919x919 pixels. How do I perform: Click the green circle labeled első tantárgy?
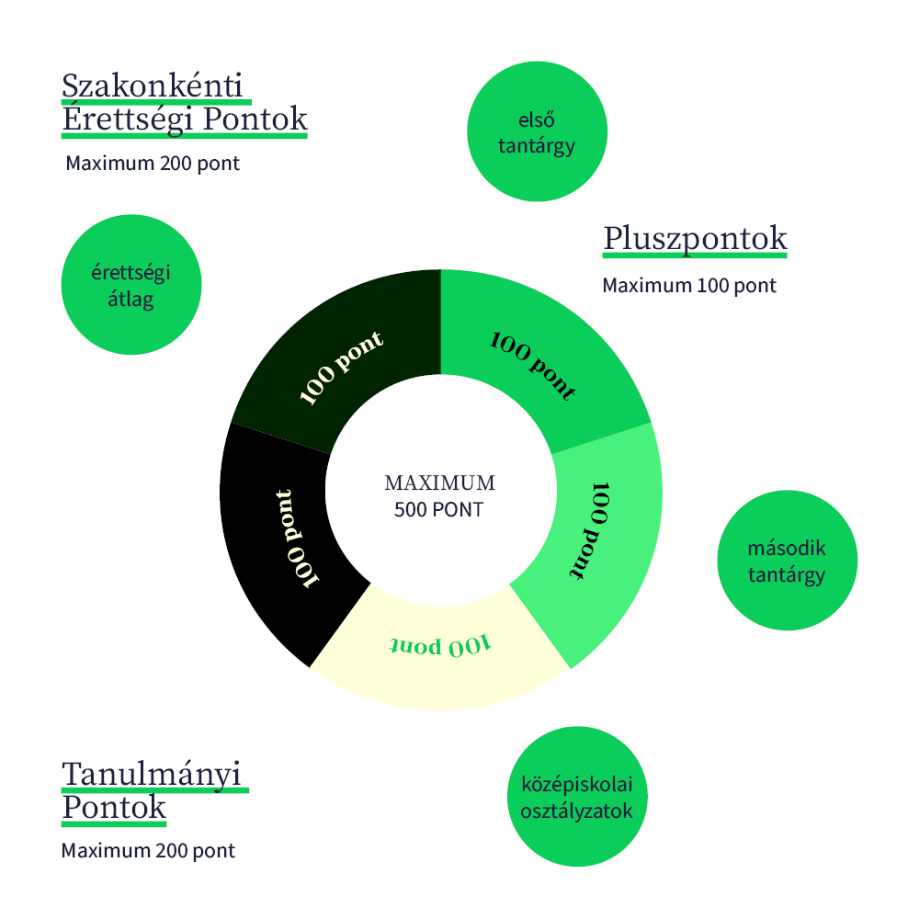[x=537, y=131]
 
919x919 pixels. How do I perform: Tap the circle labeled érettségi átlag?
[x=130, y=285]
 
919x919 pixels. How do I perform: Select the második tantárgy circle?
[x=787, y=561]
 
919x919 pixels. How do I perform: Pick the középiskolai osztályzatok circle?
[x=577, y=797]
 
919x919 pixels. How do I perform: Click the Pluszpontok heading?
[x=695, y=238]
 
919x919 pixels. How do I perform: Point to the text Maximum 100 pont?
[x=689, y=286]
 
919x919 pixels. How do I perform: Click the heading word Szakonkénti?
[x=153, y=85]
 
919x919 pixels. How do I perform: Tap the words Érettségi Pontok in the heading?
[x=184, y=119]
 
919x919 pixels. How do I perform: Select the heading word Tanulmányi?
[x=154, y=774]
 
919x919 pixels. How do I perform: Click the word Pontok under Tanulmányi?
[x=114, y=808]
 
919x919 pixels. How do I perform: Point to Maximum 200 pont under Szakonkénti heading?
[x=153, y=164]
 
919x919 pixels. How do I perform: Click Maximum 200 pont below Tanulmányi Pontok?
[x=148, y=851]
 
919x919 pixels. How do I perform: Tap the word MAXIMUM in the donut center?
[x=439, y=483]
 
